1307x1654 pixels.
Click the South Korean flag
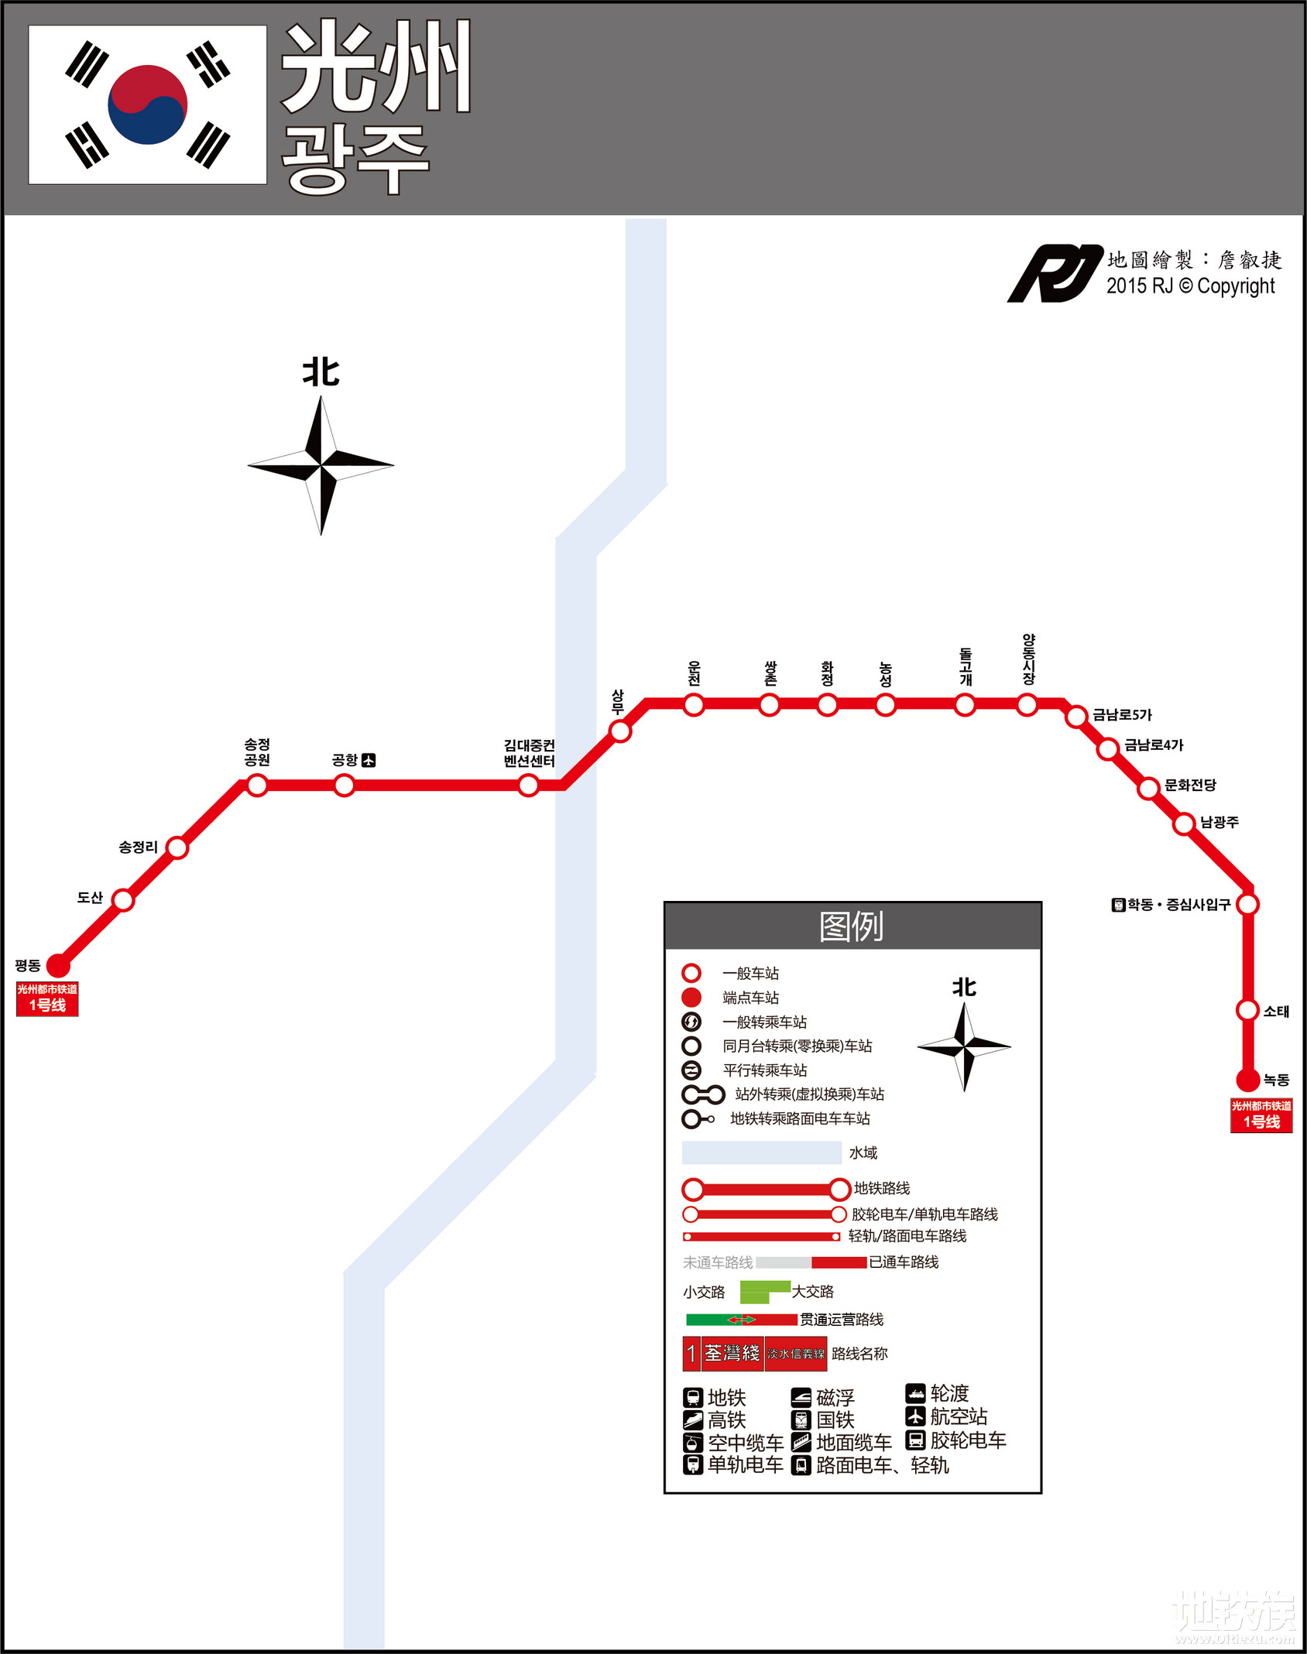click(148, 104)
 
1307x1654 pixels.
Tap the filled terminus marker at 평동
click(58, 965)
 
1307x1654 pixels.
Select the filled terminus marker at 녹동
click(1247, 1080)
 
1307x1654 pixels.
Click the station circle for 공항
click(345, 786)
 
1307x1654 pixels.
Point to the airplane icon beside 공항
click(369, 761)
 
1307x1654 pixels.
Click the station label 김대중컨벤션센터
click(529, 753)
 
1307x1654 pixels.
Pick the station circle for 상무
click(619, 731)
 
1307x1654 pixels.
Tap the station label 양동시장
click(1028, 659)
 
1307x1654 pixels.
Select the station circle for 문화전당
click(1148, 788)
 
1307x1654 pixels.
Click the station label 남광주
click(1220, 822)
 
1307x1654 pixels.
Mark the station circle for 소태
click(1247, 1010)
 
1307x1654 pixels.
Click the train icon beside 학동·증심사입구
click(1118, 905)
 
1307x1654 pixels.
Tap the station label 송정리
click(138, 848)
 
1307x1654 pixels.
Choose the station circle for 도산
click(123, 899)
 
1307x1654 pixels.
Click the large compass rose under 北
click(321, 465)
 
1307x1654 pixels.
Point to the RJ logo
click(1054, 273)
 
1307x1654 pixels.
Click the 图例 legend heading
click(852, 926)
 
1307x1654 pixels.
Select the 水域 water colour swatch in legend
click(761, 1152)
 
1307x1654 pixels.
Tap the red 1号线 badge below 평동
click(47, 998)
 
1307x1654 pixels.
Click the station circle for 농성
click(885, 705)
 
